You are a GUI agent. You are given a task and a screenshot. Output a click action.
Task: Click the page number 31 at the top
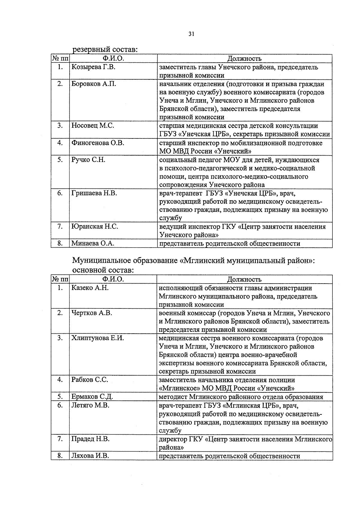(191, 34)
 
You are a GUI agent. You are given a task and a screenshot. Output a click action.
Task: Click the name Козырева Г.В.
(93, 67)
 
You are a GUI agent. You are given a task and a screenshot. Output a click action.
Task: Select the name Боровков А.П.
(94, 84)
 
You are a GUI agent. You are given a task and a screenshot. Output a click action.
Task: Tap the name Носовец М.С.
(93, 126)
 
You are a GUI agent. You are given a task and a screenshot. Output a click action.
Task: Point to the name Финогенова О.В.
(98, 143)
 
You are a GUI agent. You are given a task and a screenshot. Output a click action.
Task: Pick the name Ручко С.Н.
(88, 159)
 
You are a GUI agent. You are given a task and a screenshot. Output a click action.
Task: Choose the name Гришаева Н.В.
(94, 193)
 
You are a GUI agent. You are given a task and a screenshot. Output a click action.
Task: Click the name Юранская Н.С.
(95, 226)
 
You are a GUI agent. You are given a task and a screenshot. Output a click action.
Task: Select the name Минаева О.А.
(93, 243)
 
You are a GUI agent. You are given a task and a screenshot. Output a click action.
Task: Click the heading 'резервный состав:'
(105, 49)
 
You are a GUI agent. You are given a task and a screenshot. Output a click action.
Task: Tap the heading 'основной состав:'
(103, 270)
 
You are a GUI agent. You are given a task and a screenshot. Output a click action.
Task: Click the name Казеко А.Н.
(90, 288)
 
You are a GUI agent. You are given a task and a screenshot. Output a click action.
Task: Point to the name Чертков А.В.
(92, 313)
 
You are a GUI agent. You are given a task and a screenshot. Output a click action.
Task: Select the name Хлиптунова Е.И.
(97, 338)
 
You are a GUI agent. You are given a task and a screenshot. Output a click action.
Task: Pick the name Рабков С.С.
(90, 380)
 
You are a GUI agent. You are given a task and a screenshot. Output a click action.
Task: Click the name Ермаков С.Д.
(92, 397)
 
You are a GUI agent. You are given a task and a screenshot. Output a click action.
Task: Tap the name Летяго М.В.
(90, 405)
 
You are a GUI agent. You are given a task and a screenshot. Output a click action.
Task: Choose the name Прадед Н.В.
(90, 439)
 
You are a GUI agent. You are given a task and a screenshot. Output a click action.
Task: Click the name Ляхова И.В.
(90, 456)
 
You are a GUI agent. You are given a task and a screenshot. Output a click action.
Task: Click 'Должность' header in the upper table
(244, 58)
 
